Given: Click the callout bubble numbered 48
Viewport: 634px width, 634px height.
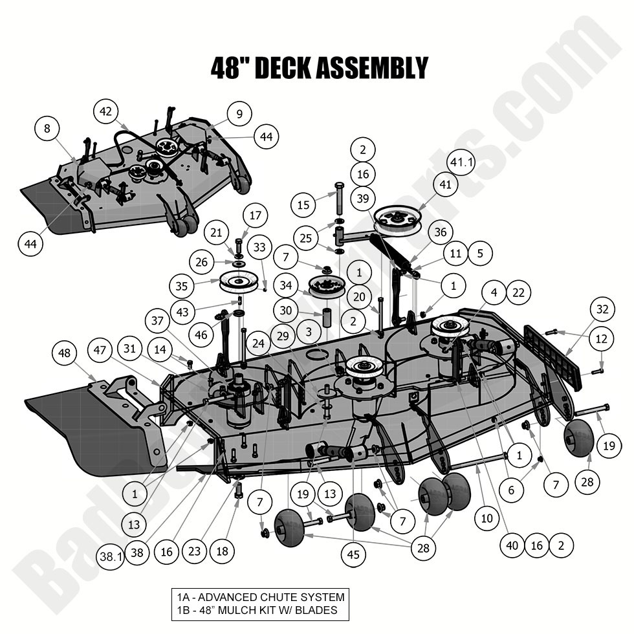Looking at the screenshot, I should tap(64, 354).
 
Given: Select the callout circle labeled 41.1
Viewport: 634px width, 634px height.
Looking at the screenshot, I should tap(461, 162).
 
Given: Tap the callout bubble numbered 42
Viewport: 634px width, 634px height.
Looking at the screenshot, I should tap(106, 111).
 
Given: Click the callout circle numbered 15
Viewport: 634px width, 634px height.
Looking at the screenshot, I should tap(303, 206).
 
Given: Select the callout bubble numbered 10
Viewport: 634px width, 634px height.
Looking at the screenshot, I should tap(486, 518).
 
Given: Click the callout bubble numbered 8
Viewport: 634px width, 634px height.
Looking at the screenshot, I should tap(47, 129).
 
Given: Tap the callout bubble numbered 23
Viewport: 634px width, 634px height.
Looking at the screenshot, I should tap(194, 551).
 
